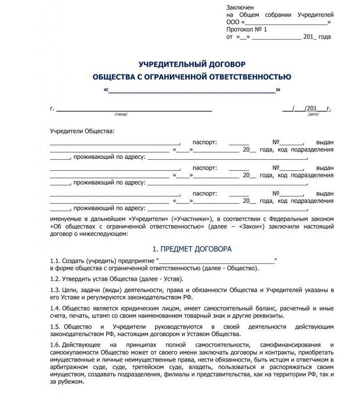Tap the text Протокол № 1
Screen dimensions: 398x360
coord(247,29)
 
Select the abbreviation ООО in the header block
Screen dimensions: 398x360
coord(233,22)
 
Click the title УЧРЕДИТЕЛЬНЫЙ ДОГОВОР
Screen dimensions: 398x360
coord(192,64)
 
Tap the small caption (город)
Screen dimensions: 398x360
coord(121,114)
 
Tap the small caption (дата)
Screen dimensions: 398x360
coord(313,114)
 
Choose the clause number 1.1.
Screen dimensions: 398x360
coord(55,261)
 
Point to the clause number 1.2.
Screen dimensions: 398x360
coord(55,279)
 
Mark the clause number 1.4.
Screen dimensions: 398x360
coord(55,308)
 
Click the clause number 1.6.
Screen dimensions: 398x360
coord(55,345)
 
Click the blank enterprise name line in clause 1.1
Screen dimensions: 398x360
coord(217,261)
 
